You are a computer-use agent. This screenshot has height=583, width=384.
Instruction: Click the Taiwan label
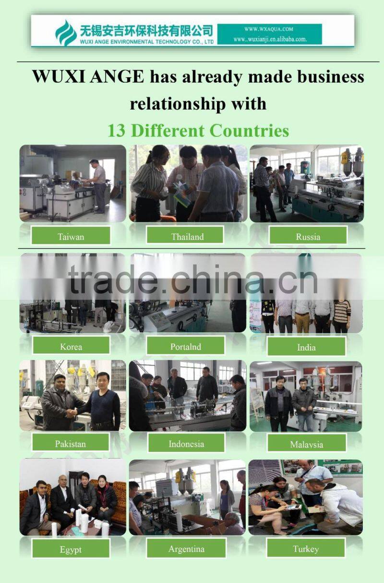[x=71, y=236]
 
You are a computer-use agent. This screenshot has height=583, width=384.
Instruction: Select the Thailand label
[x=187, y=236]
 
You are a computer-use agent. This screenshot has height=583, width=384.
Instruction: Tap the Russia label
[x=308, y=236]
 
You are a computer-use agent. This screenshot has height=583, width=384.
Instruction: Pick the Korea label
[x=71, y=346]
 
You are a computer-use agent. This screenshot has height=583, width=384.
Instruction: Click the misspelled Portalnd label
[x=185, y=346]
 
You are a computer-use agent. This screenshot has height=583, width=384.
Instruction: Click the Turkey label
[x=306, y=548]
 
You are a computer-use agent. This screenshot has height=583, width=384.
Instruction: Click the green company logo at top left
[x=66, y=33]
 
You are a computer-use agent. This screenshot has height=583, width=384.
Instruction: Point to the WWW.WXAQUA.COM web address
[x=268, y=29]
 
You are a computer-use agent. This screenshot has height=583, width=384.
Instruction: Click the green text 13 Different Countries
[x=198, y=130]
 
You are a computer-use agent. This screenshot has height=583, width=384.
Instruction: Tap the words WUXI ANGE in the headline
[x=88, y=77]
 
